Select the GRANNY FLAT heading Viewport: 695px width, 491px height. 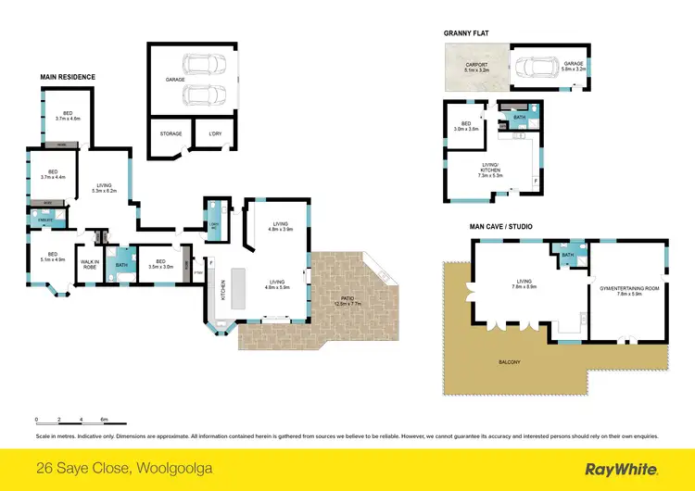465,33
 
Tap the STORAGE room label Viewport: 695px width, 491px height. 171,134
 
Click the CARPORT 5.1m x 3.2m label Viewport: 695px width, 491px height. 475,67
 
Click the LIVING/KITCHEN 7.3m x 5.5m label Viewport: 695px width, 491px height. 489,171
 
